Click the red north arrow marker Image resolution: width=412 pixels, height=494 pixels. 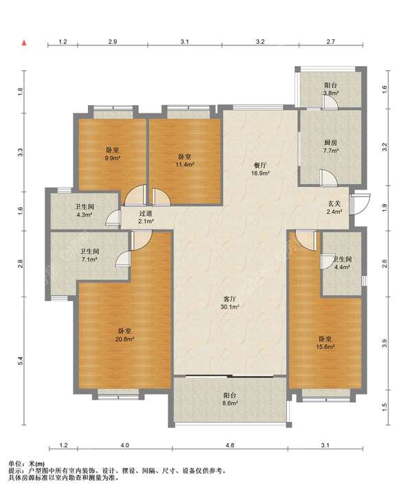pyautogui.click(x=23, y=43)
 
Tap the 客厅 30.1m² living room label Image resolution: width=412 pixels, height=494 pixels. pyautogui.click(x=231, y=303)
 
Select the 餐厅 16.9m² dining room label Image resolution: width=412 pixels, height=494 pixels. pyautogui.click(x=261, y=169)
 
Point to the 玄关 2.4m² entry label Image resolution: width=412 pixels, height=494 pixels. pyautogui.click(x=334, y=207)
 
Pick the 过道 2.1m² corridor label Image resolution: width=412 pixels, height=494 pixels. pyautogui.click(x=146, y=217)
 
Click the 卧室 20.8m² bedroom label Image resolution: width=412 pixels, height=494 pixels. pyautogui.click(x=125, y=335)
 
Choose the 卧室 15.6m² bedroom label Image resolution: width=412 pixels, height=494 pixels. pyautogui.click(x=325, y=343)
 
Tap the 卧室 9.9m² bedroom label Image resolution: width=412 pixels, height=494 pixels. pyautogui.click(x=113, y=154)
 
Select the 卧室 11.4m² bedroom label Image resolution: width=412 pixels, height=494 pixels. pyautogui.click(x=185, y=160)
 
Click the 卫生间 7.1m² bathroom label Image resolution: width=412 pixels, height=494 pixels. pyautogui.click(x=89, y=256)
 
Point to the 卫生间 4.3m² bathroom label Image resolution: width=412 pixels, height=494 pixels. pyautogui.click(x=84, y=211)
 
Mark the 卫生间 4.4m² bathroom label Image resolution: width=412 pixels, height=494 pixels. pyautogui.click(x=342, y=263)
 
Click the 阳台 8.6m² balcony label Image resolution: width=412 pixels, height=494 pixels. pyautogui.click(x=229, y=399)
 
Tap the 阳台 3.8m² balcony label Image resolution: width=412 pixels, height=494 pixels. pyautogui.click(x=331, y=89)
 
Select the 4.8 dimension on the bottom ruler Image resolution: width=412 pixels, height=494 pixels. pyautogui.click(x=230, y=445)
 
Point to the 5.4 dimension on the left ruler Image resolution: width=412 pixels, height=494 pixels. pyautogui.click(x=21, y=361)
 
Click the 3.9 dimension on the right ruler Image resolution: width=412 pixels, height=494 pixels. pyautogui.click(x=385, y=343)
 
